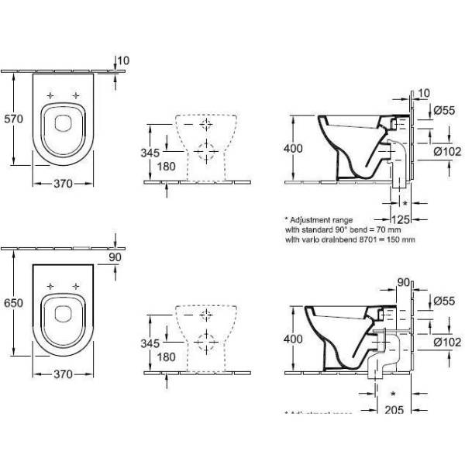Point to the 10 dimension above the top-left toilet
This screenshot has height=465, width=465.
tap(122, 60)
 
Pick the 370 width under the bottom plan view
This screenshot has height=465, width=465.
tap(62, 374)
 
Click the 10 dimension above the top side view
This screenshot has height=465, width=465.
tap(422, 94)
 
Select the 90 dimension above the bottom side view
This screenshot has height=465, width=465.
tap(402, 282)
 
